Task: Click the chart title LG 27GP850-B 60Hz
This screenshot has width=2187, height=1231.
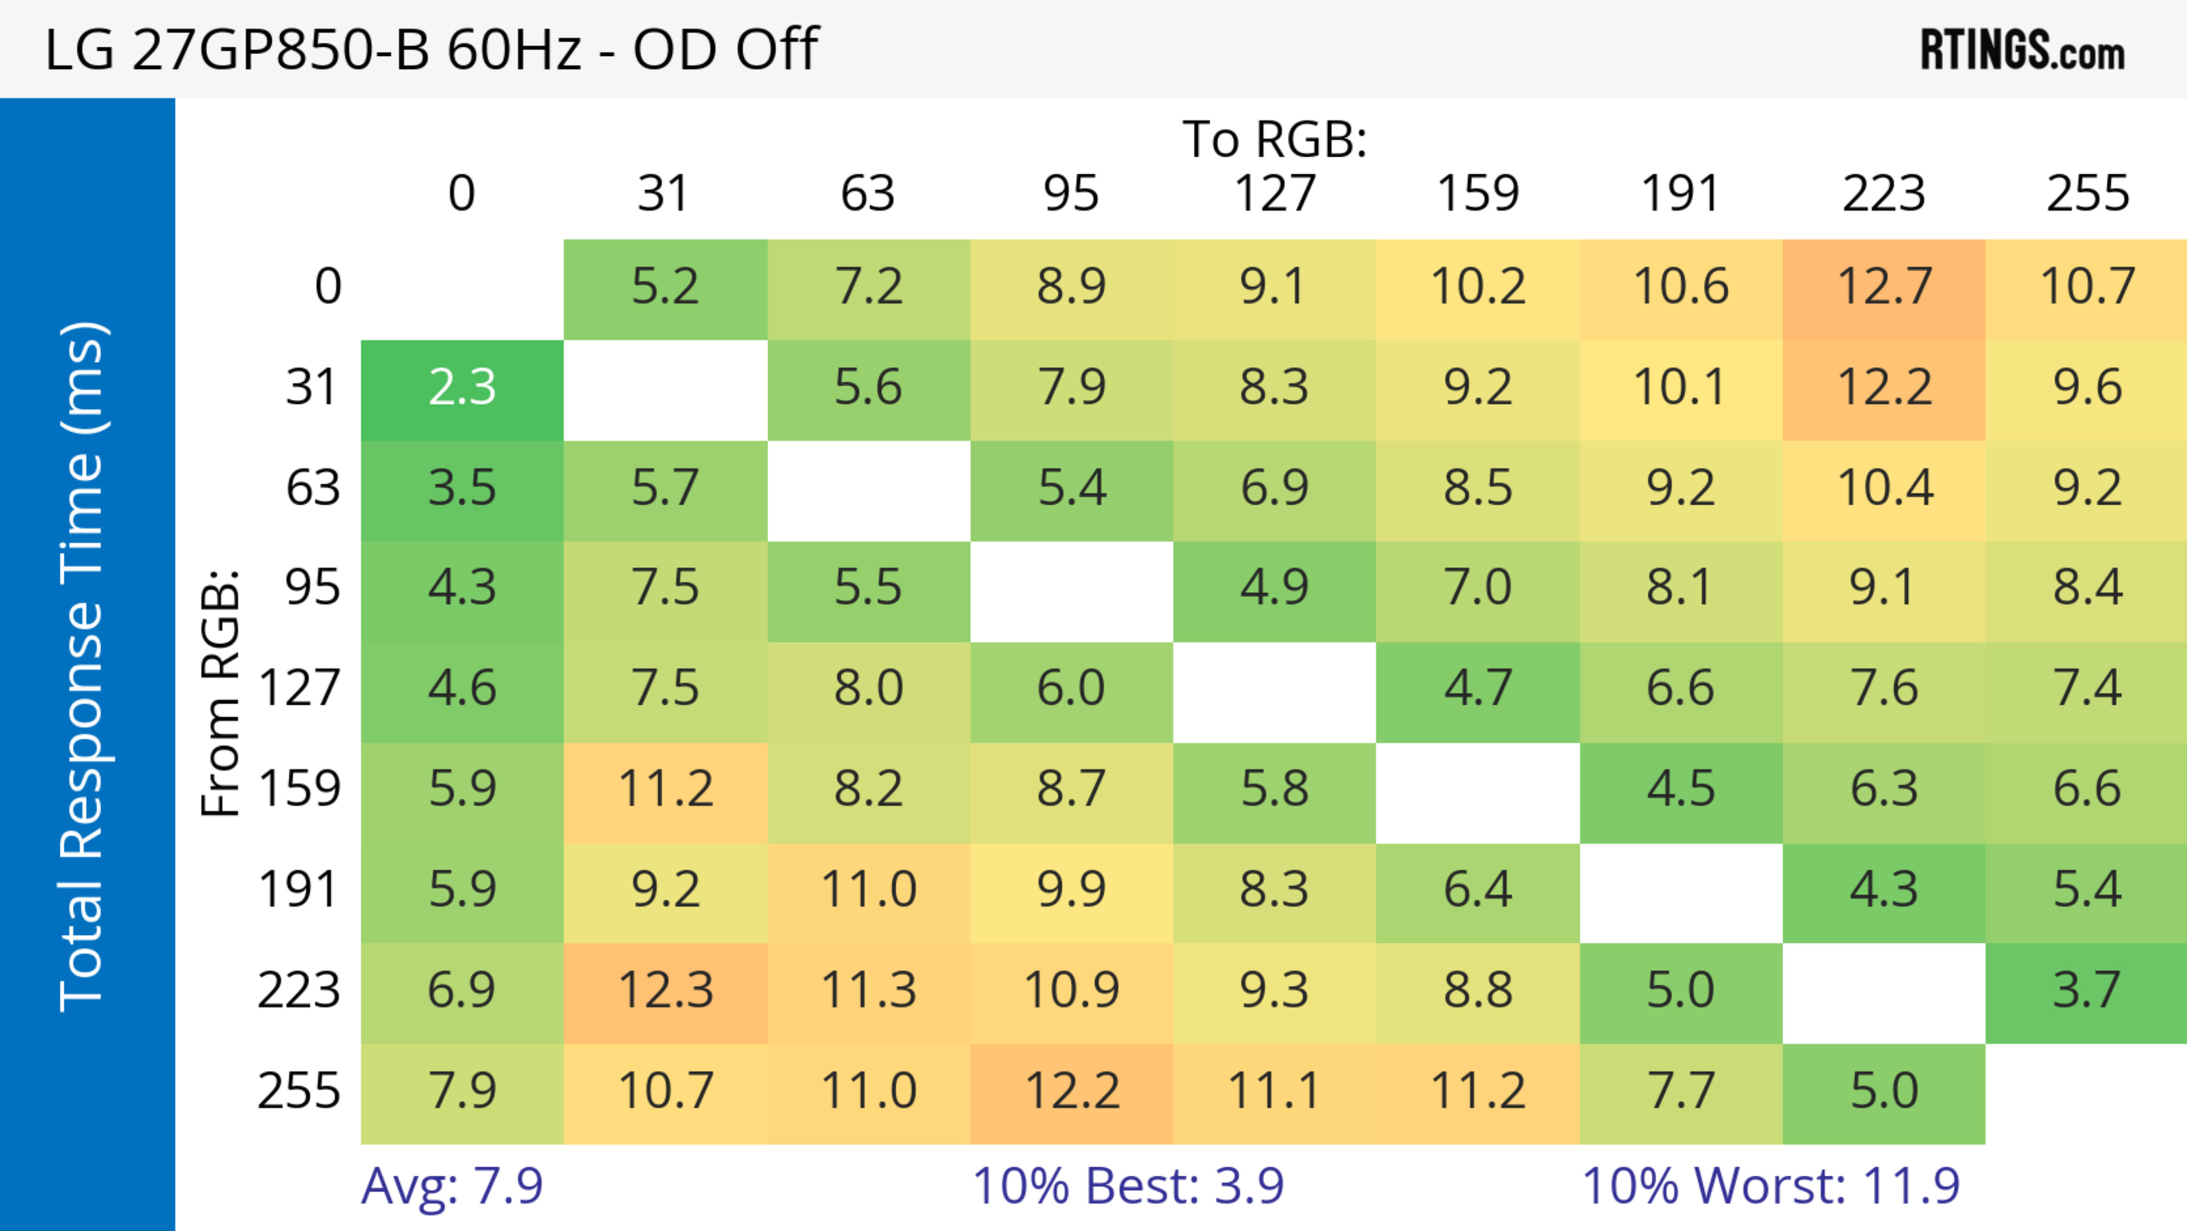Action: [x=431, y=49]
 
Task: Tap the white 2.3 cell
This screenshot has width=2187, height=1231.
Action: [x=462, y=388]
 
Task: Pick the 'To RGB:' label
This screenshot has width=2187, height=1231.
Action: [x=1275, y=139]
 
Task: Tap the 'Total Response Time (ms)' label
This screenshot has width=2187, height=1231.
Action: [x=83, y=666]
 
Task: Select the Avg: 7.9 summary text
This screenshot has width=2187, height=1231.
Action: [x=452, y=1186]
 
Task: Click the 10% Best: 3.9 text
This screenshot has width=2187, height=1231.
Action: [x=1128, y=1186]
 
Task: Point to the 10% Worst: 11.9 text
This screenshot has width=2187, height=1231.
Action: [x=1770, y=1186]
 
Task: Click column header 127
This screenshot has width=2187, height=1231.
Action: [x=1275, y=194]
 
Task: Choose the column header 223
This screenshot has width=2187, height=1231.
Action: [x=1884, y=194]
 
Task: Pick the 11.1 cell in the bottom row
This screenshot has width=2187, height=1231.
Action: [x=1275, y=1091]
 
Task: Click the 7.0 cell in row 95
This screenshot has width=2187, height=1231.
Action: [x=1477, y=587]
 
